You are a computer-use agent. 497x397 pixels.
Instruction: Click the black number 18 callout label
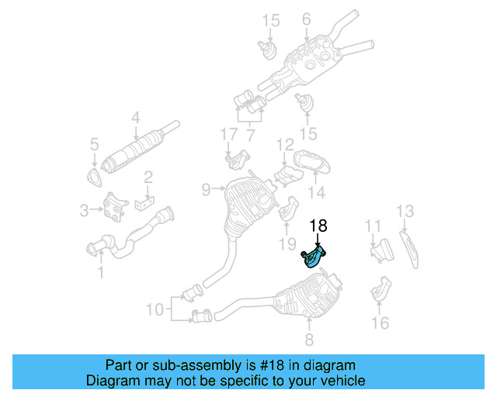[318, 226]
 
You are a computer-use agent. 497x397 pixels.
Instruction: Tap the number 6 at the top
[306, 19]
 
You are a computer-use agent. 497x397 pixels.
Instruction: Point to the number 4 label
[135, 119]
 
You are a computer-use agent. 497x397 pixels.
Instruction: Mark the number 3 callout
[85, 209]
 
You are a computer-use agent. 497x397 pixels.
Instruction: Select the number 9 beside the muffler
[207, 188]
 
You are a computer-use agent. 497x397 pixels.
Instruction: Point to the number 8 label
[309, 339]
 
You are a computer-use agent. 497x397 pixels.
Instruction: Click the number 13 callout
[405, 211]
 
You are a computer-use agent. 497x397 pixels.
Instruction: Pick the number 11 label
[374, 226]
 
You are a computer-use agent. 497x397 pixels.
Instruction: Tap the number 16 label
[380, 323]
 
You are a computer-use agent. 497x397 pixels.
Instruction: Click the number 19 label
[287, 246]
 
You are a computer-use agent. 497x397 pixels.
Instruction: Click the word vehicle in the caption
[342, 381]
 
